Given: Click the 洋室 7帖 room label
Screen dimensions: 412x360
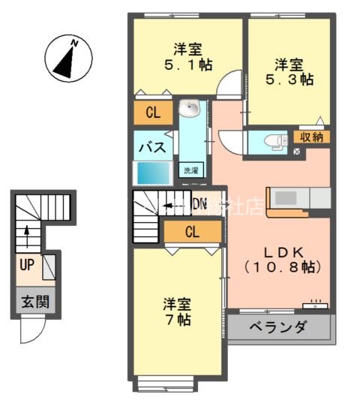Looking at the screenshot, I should (178, 312).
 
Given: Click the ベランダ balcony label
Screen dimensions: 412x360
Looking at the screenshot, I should (277, 327).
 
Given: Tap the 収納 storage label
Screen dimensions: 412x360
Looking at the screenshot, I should (311, 137).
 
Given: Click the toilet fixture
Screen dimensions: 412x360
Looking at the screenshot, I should (274, 140).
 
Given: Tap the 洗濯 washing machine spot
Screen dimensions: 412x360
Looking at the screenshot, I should (193, 170).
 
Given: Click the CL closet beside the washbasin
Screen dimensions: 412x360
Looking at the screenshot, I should (153, 113).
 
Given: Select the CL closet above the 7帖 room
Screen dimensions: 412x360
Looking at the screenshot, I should (192, 232).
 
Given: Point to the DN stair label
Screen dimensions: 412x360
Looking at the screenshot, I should (199, 203).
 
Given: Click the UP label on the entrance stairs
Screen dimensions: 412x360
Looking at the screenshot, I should (25, 265).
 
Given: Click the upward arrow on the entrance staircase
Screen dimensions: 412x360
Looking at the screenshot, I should (26, 237).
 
